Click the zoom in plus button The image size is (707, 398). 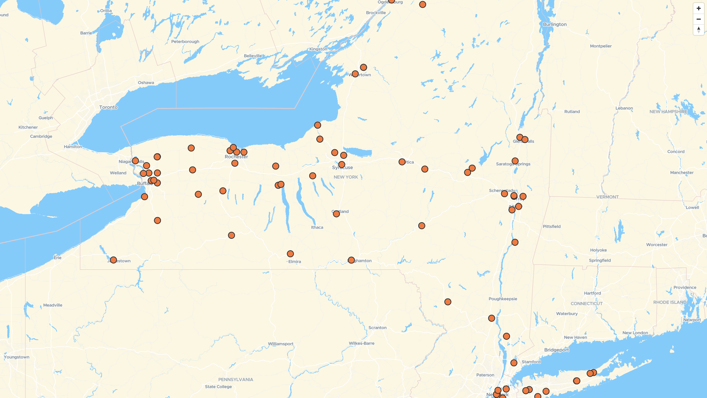(699, 8)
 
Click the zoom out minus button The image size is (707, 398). (699, 19)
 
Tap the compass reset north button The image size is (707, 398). (699, 30)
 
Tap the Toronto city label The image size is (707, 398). (108, 107)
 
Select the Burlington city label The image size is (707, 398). (555, 24)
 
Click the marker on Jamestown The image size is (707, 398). (113, 260)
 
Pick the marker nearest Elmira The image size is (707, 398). (290, 254)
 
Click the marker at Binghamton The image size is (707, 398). (351, 260)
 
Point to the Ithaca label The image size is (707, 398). (317, 227)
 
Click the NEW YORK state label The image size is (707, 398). (346, 177)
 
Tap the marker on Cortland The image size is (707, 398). (336, 214)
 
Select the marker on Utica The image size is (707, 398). (402, 162)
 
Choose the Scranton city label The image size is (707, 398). (377, 328)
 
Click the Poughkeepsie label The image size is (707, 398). (503, 299)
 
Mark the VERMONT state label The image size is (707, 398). (607, 197)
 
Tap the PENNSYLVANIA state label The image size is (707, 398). (236, 380)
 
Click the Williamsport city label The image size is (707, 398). (281, 344)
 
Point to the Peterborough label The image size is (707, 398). (185, 42)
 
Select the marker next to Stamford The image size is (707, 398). (514, 363)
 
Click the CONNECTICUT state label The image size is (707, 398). (587, 304)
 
